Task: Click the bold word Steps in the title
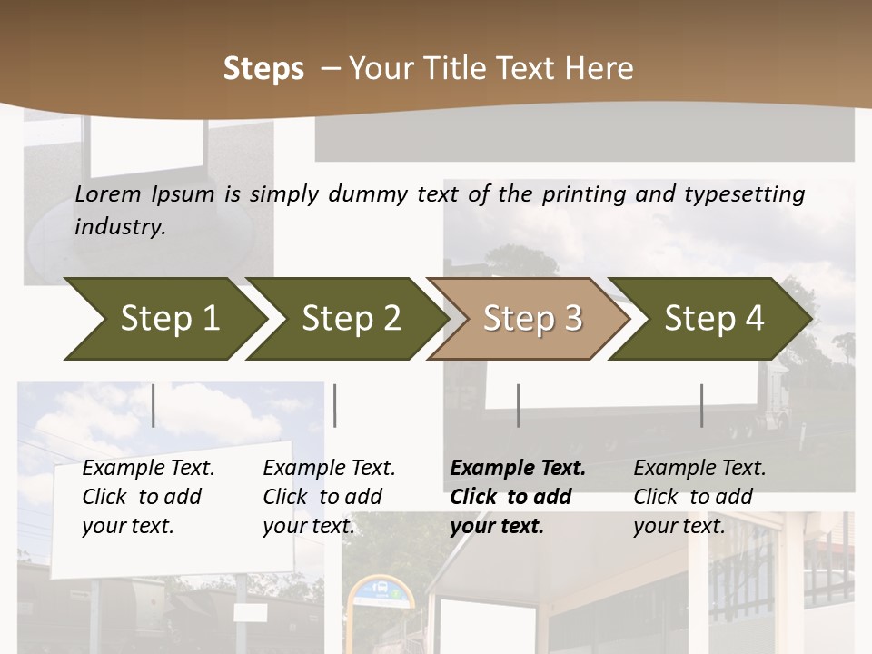[x=263, y=69]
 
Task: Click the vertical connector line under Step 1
[x=154, y=405]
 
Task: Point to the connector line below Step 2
[x=335, y=405]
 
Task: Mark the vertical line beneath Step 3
[x=519, y=405]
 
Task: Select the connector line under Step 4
[x=702, y=405]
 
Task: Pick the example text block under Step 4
[x=699, y=497]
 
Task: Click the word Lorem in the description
[x=108, y=194]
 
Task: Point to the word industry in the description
[x=120, y=227]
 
